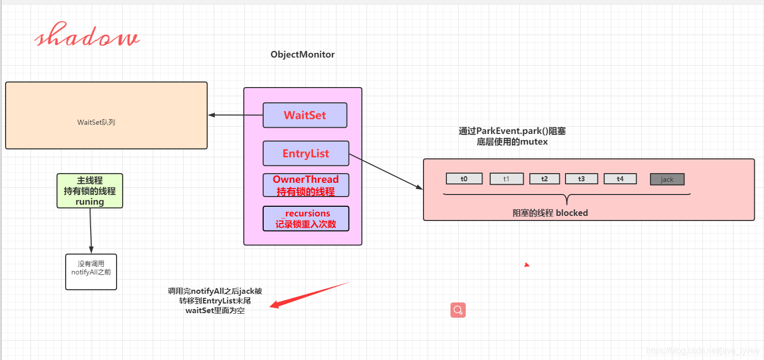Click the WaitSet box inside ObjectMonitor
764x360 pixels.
click(305, 116)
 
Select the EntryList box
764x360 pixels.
click(306, 153)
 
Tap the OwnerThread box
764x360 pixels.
click(306, 185)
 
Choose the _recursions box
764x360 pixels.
click(306, 218)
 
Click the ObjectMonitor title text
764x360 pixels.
click(302, 54)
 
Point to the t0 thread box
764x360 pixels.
click(464, 179)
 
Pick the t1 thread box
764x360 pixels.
click(506, 179)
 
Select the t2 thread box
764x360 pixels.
click(544, 179)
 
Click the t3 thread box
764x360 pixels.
click(581, 179)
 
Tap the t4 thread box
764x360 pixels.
click(620, 179)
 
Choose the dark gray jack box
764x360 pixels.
click(667, 179)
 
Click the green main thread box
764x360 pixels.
click(90, 191)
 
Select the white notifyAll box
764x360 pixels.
click(91, 272)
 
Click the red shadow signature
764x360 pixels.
click(87, 35)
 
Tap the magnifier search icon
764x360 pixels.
click(458, 310)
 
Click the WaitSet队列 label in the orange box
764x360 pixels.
click(96, 122)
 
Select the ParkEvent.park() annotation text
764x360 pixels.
click(512, 136)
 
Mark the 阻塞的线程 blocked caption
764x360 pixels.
click(550, 213)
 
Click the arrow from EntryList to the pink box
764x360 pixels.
click(386, 172)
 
